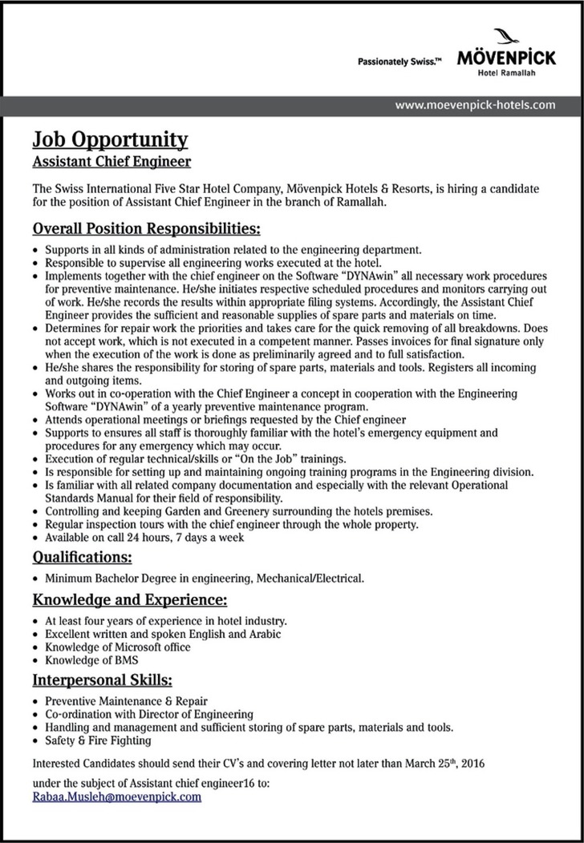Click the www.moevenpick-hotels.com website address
(x=477, y=104)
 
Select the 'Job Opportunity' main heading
(x=110, y=139)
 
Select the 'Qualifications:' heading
(x=82, y=556)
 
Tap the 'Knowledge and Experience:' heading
(x=130, y=599)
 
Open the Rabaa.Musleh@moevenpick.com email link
(x=117, y=797)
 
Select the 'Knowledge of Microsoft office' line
(x=118, y=647)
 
